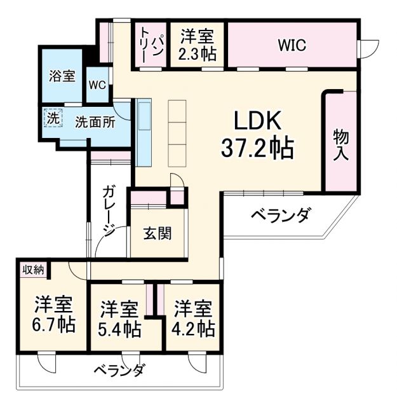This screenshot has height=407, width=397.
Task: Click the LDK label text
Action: tap(257, 119)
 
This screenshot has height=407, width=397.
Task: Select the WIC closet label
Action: tap(292, 45)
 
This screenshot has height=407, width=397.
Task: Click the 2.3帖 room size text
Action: tap(198, 53)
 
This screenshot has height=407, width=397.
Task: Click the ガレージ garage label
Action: tap(109, 210)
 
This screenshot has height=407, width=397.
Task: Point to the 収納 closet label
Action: tap(33, 270)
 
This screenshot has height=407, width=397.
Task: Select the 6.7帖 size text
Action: tap(54, 325)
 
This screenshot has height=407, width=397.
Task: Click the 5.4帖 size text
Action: tap(120, 329)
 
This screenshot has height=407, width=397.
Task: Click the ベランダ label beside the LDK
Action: tap(279, 216)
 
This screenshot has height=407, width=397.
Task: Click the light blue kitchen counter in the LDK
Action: tap(144, 130)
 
